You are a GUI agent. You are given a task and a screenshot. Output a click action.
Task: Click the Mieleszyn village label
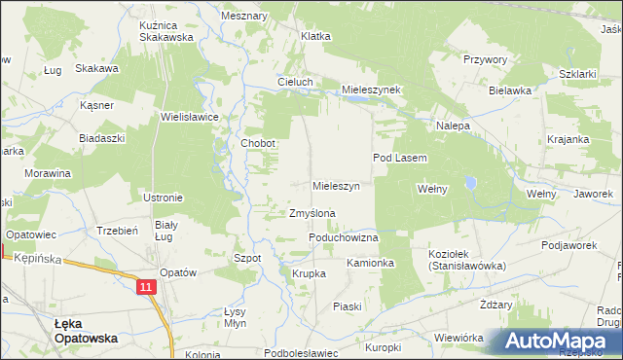pos(337,185)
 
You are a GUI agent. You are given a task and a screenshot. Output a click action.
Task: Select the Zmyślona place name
pos(312,213)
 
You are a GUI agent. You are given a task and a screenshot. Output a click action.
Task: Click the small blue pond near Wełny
pos(470,182)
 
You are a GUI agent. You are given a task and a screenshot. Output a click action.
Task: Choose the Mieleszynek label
pos(371,89)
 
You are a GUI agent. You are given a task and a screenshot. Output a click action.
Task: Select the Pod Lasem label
pos(401,157)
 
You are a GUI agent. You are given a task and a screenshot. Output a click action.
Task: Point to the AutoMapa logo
pos(557,342)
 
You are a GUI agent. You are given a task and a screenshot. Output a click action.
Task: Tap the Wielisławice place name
pos(190,116)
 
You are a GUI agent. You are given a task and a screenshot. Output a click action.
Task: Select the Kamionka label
pos(370,263)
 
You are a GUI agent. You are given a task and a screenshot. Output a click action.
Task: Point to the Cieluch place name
pos(295,82)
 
